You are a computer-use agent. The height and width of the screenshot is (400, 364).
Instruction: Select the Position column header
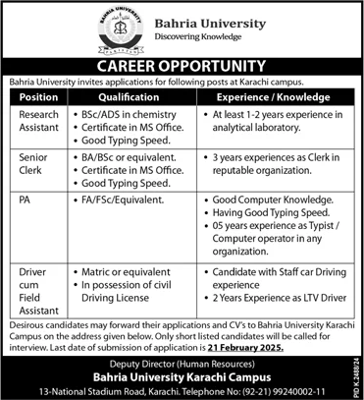click(x=31, y=97)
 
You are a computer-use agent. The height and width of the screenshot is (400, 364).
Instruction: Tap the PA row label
click(x=18, y=200)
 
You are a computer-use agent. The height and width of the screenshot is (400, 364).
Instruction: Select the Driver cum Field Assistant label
click(x=32, y=280)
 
